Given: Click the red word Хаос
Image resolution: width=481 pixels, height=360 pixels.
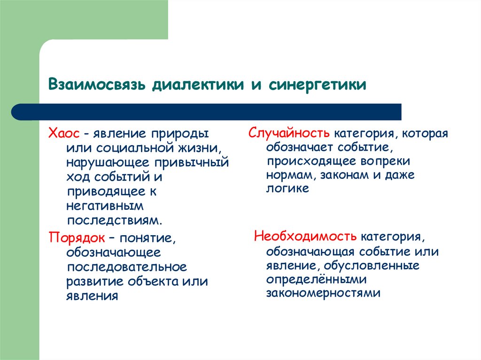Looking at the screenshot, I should pyautogui.click(x=62, y=134).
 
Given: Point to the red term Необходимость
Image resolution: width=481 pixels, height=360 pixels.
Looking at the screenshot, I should pyautogui.click(x=306, y=235).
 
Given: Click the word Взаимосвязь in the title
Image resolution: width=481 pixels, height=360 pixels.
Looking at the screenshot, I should pyautogui.click(x=96, y=85).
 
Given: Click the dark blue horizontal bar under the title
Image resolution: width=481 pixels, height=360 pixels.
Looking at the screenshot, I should pyautogui.click(x=207, y=112).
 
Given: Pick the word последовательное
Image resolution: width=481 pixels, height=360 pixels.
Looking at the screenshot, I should pyautogui.click(x=126, y=267).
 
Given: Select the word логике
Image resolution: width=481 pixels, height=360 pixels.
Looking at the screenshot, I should pyautogui.click(x=287, y=189).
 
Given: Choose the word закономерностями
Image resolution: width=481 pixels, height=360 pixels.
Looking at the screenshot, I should pyautogui.click(x=323, y=293).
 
